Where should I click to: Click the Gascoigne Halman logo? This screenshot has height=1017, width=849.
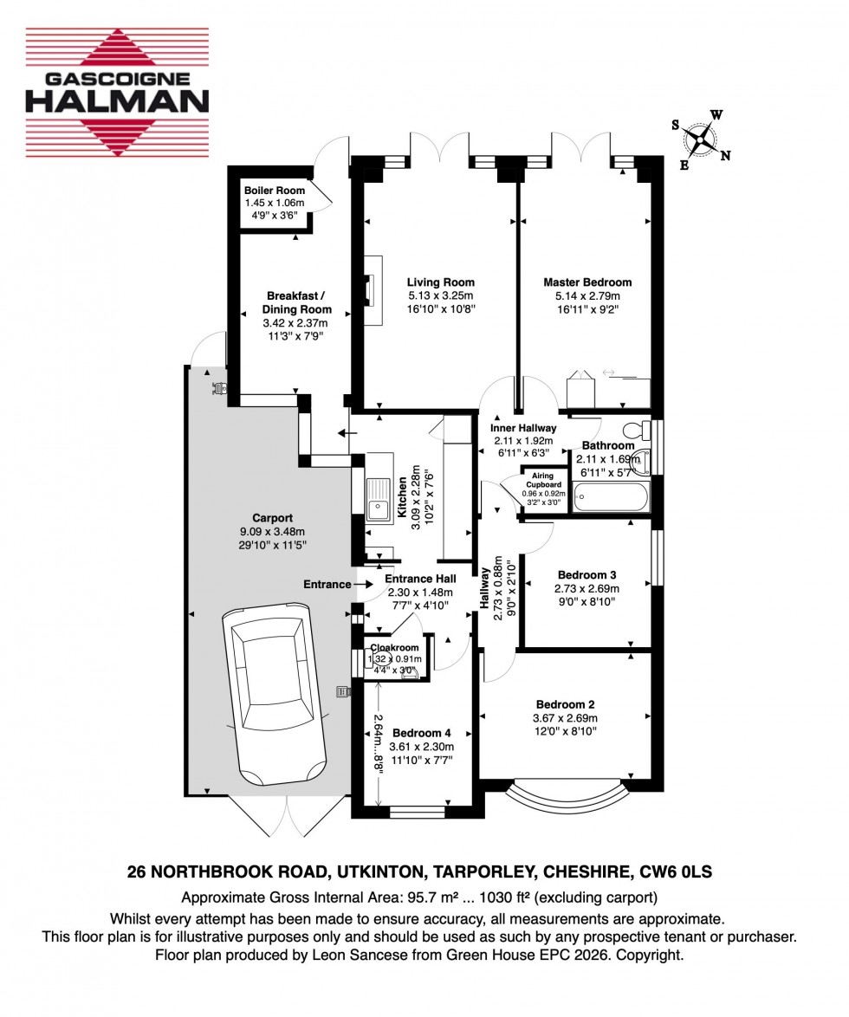click(x=117, y=94)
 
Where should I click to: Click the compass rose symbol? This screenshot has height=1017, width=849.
click(x=700, y=139)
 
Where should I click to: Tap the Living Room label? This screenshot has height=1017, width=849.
click(x=441, y=282)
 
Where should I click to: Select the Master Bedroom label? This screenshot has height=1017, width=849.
click(x=587, y=282)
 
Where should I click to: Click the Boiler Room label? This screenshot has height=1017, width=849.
click(x=275, y=191)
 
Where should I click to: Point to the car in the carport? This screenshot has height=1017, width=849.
click(x=274, y=693)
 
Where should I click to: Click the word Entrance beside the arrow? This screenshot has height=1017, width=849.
click(x=327, y=585)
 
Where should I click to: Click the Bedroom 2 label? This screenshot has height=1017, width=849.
click(x=565, y=704)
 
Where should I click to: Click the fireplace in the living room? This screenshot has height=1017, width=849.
click(x=373, y=289)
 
